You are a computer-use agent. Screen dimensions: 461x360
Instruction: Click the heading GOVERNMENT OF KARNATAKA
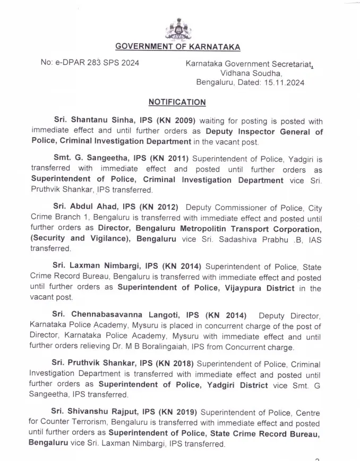178,47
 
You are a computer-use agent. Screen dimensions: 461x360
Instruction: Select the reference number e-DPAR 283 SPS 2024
90,63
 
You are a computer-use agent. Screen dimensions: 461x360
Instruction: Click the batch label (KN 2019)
176,412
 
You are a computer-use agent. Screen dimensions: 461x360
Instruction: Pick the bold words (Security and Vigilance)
74,239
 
